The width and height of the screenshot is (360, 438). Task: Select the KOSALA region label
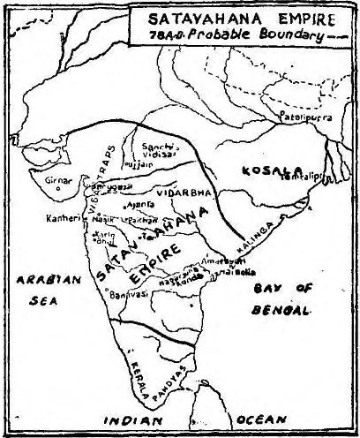(x=252, y=169)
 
